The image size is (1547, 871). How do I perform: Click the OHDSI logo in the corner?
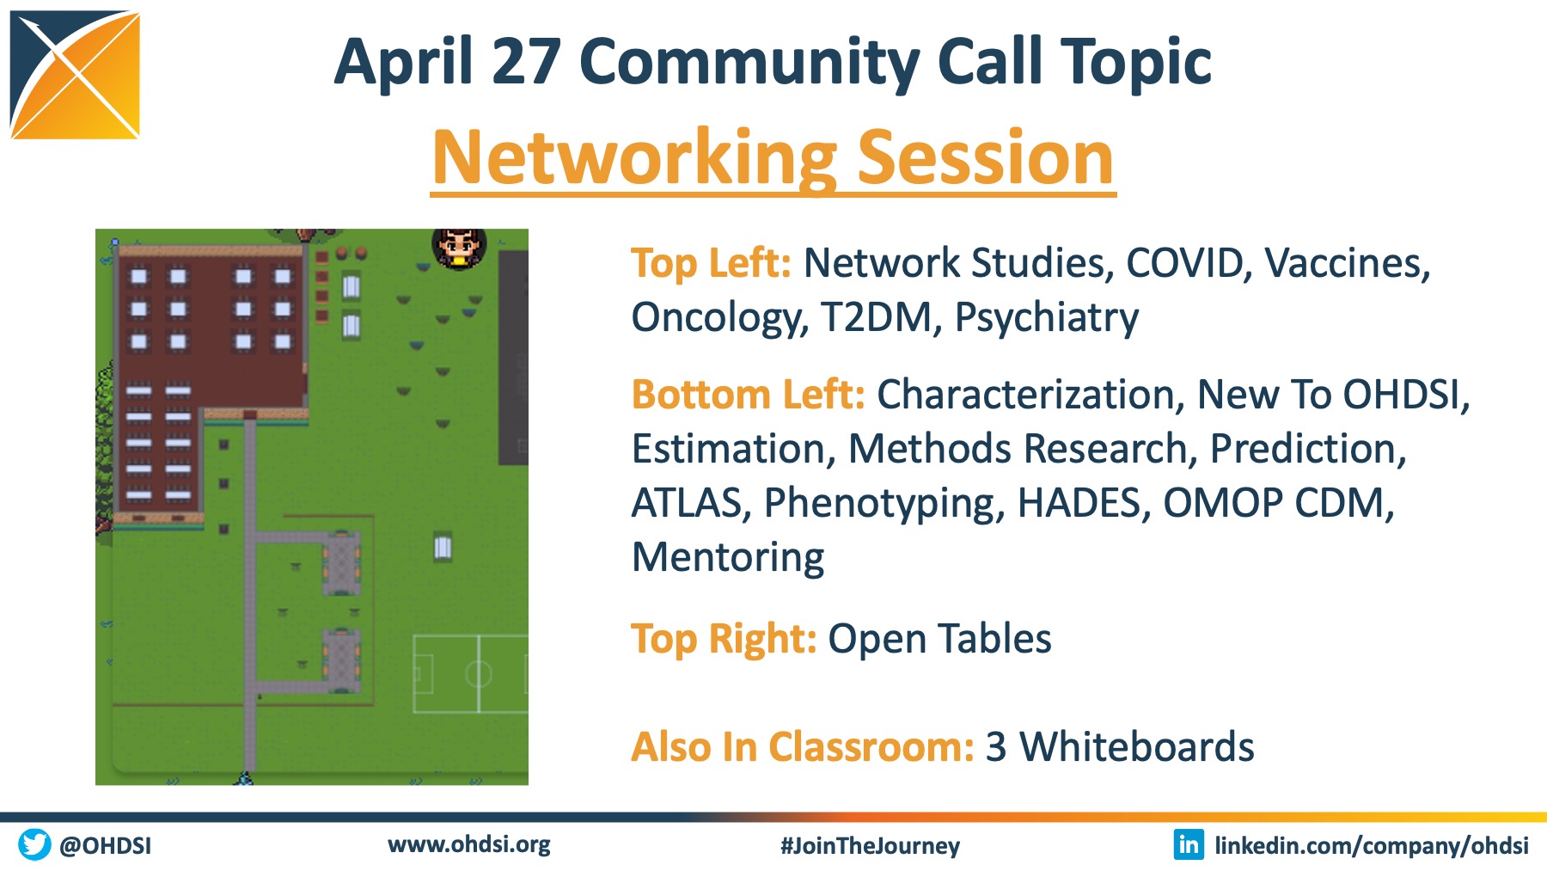tap(75, 75)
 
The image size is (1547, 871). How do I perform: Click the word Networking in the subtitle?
tap(634, 159)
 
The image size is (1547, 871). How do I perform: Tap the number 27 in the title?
tap(527, 61)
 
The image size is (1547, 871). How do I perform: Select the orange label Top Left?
tap(711, 263)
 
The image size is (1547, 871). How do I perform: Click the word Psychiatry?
tap(1047, 318)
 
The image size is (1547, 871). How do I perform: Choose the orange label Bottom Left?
tap(748, 395)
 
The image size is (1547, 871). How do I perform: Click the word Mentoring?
tap(728, 558)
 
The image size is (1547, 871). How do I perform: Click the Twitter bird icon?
tap(34, 844)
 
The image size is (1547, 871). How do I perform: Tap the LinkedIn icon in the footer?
tap(1189, 844)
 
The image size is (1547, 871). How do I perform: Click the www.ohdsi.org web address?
tap(469, 844)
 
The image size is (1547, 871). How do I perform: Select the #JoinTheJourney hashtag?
tap(870, 846)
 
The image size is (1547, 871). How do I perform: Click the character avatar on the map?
tap(459, 248)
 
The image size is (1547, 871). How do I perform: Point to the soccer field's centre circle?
tap(478, 673)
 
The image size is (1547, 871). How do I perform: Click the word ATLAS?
tap(687, 503)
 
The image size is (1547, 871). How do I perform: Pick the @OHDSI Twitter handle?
tap(105, 846)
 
